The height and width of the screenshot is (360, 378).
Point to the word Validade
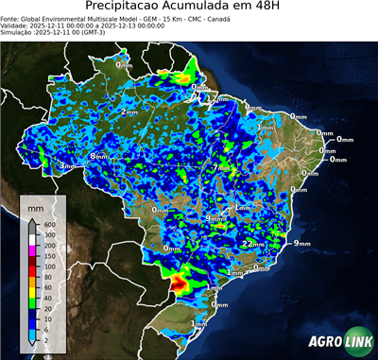coord(18,25)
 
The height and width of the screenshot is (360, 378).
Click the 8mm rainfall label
coord(98,156)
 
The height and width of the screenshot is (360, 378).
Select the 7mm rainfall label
coord(218,167)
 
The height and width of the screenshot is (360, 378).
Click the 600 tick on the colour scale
coord(48,223)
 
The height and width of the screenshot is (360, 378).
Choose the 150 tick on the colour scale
coord(48,256)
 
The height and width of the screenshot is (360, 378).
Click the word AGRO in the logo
coord(323,340)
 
